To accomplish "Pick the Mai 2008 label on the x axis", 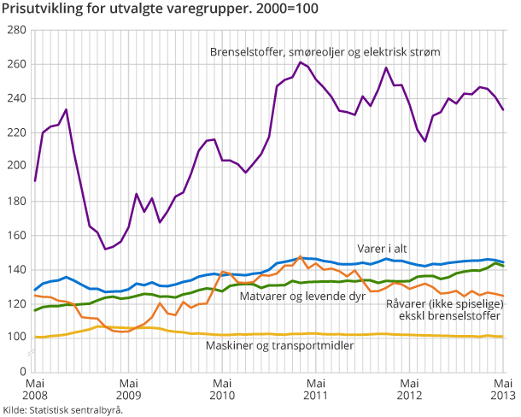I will pyautogui.click(x=34, y=390).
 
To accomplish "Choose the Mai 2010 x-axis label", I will pyautogui.click(x=222, y=390).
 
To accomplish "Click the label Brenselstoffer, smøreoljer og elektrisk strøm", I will pyautogui.click(x=325, y=52).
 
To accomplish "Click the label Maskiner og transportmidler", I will pyautogui.click(x=278, y=345).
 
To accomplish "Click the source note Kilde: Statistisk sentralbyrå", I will pyautogui.click(x=63, y=410).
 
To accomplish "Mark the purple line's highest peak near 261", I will pyautogui.click(x=301, y=62).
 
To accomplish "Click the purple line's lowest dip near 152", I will pyautogui.click(x=105, y=250).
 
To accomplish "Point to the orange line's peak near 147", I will pyautogui.click(x=301, y=256).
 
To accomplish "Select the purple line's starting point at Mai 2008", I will pyautogui.click(x=34, y=180).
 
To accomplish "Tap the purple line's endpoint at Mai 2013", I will pyautogui.click(x=503, y=109).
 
